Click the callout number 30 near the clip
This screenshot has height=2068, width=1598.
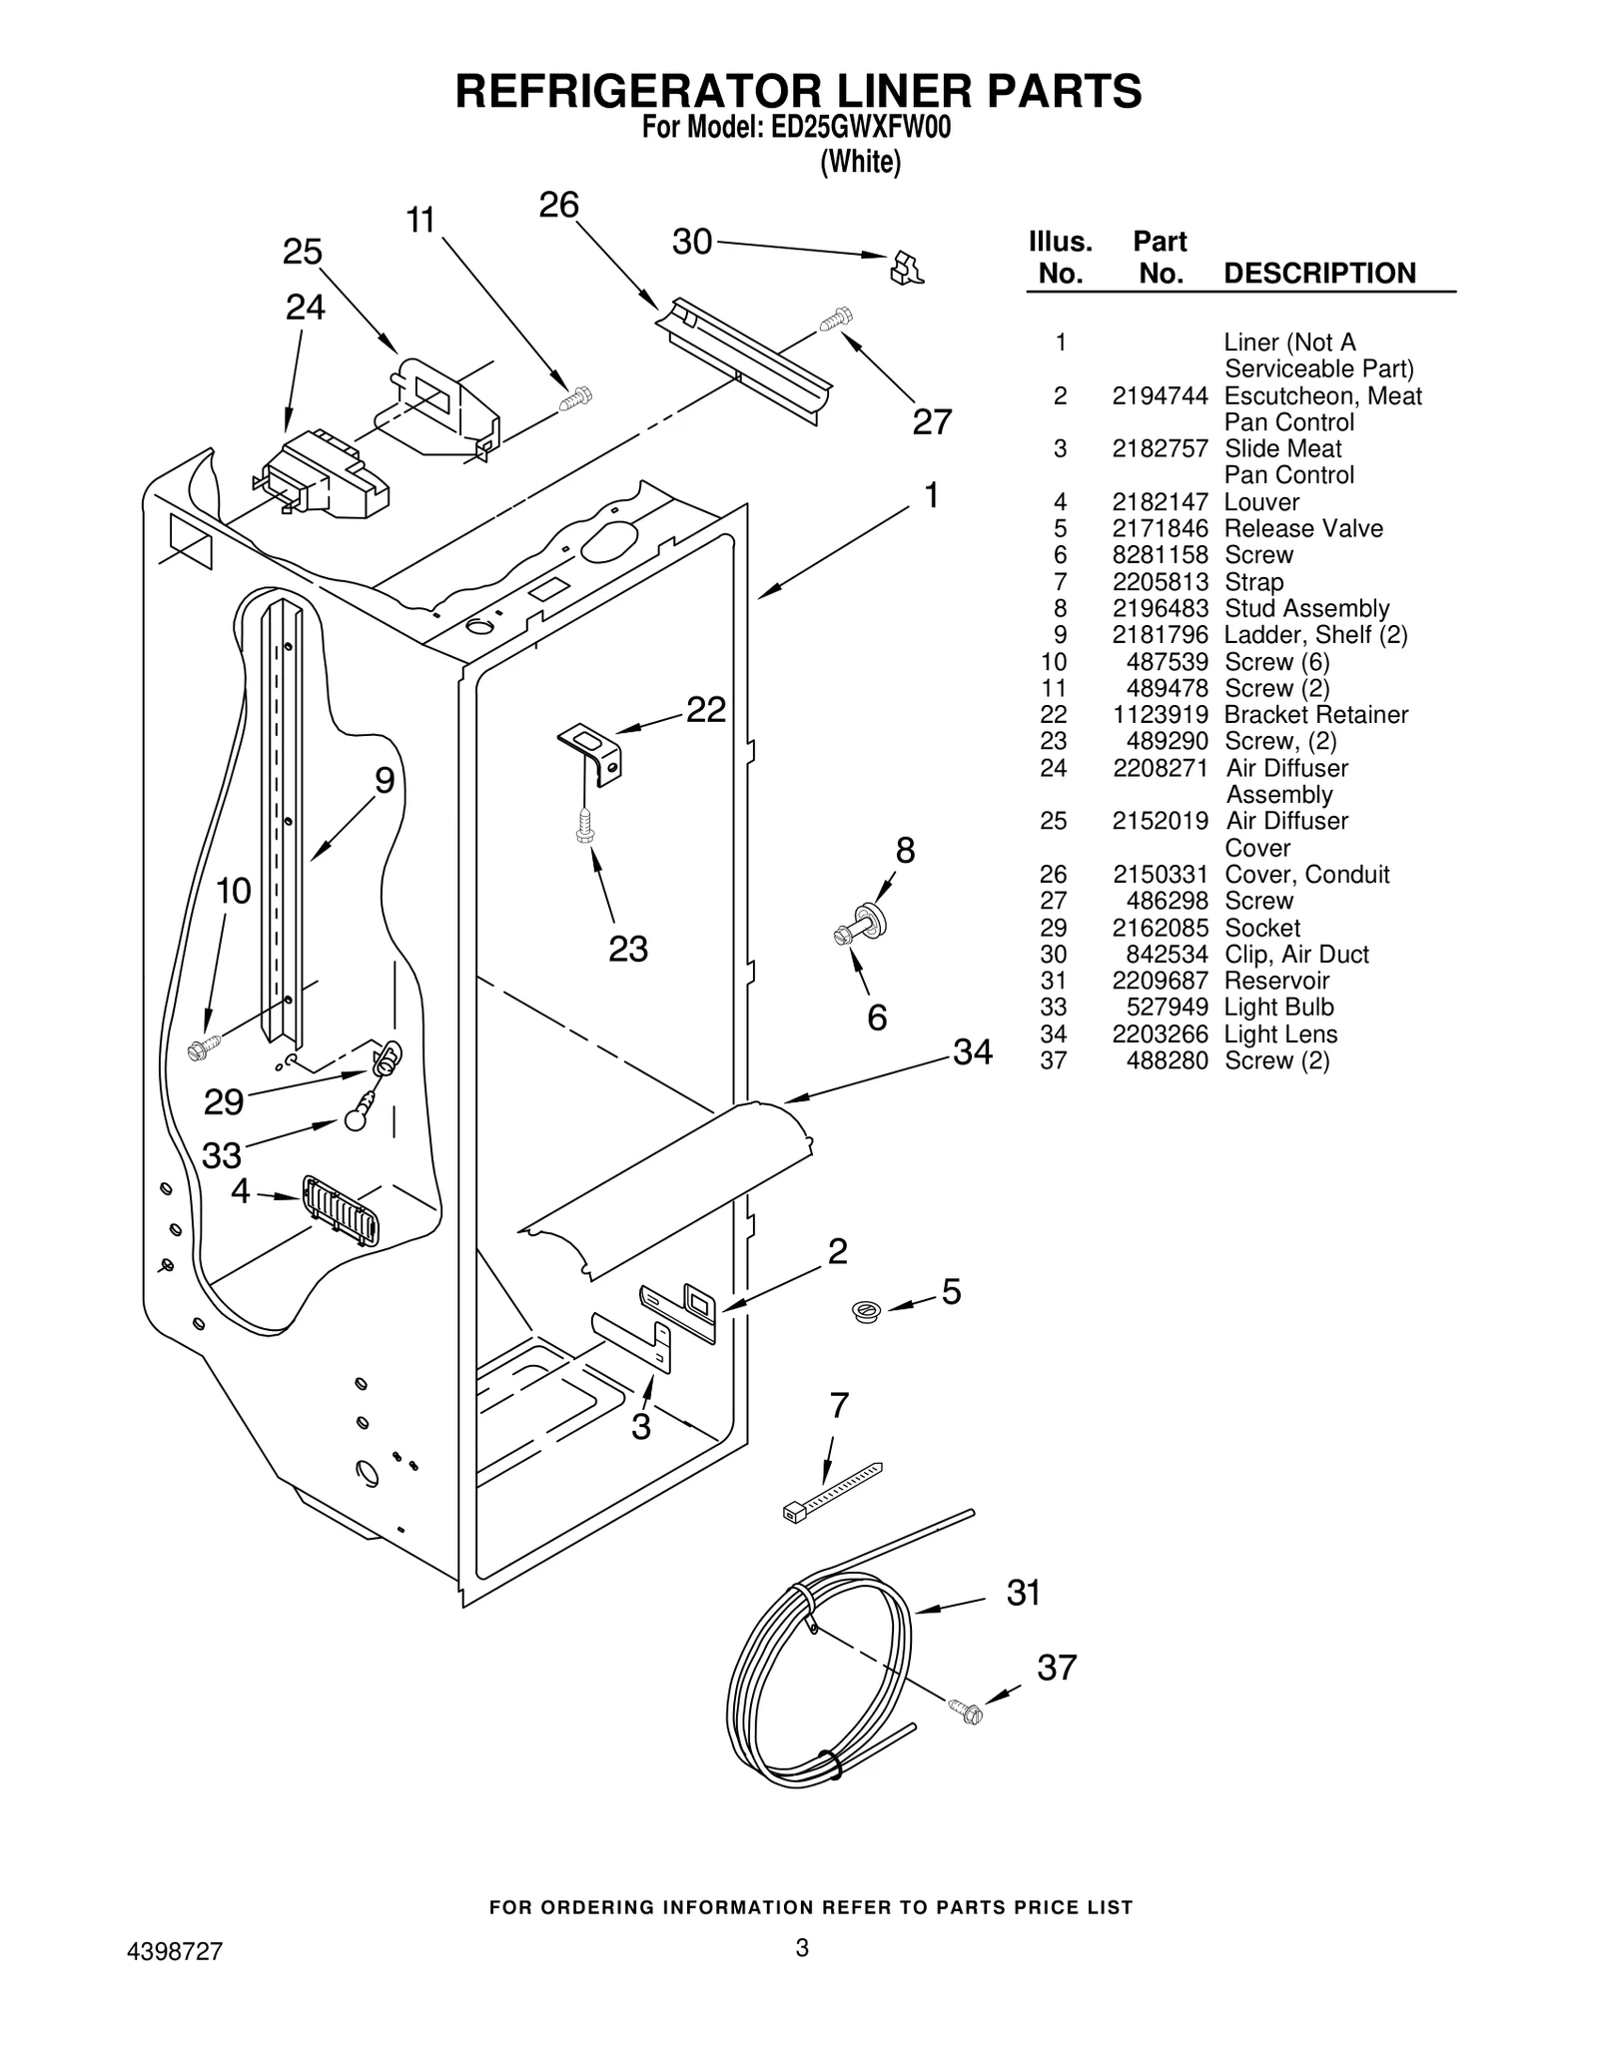pos(691,242)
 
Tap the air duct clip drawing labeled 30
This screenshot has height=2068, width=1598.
pos(907,268)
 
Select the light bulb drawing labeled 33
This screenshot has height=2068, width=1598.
pos(357,1117)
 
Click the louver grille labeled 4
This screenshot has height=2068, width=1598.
pos(341,1210)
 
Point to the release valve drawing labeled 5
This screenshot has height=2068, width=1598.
pos(865,1310)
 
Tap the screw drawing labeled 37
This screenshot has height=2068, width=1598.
pos(966,1712)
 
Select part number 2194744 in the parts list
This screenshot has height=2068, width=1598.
pos(1160,396)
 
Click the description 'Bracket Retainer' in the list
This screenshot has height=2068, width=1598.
pos(1315,715)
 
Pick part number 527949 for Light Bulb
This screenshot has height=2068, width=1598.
pos(1167,1008)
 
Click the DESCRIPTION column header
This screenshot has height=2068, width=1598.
pos(1319,274)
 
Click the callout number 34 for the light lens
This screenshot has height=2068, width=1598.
pos(972,1051)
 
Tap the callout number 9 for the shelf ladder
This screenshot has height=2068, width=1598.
pos(385,781)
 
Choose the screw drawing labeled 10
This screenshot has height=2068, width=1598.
pos(204,1047)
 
